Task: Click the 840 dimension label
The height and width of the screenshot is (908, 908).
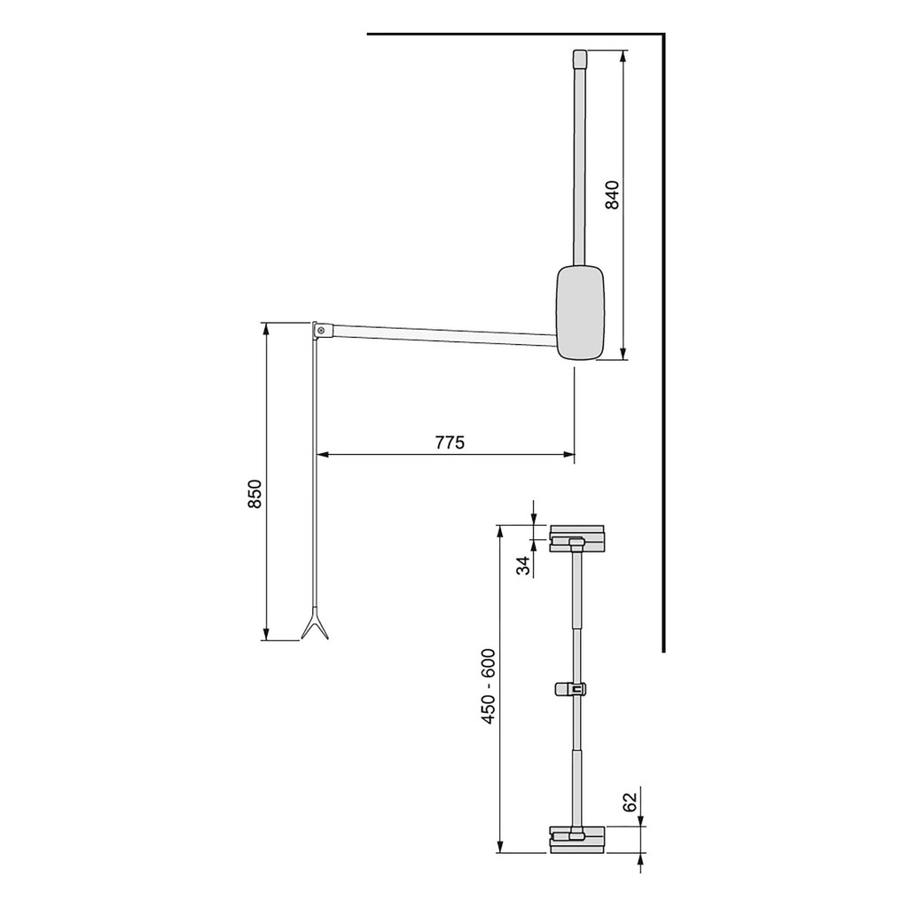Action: point(612,194)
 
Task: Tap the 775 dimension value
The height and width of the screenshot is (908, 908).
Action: point(450,442)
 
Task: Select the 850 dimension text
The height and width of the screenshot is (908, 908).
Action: point(254,494)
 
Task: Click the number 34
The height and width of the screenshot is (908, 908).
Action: point(524,565)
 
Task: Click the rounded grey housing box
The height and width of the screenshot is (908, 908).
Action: point(580,313)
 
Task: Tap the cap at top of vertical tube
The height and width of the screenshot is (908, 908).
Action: point(579,59)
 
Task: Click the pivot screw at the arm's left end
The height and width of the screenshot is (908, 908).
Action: point(320,330)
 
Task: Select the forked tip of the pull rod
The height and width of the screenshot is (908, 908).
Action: point(314,628)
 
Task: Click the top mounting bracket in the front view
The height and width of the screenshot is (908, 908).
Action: point(577,538)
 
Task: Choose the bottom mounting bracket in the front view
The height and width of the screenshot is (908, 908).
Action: point(577,839)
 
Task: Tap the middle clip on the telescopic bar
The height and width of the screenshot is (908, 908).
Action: point(574,688)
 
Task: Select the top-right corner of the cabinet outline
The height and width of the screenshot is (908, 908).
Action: point(663,35)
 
